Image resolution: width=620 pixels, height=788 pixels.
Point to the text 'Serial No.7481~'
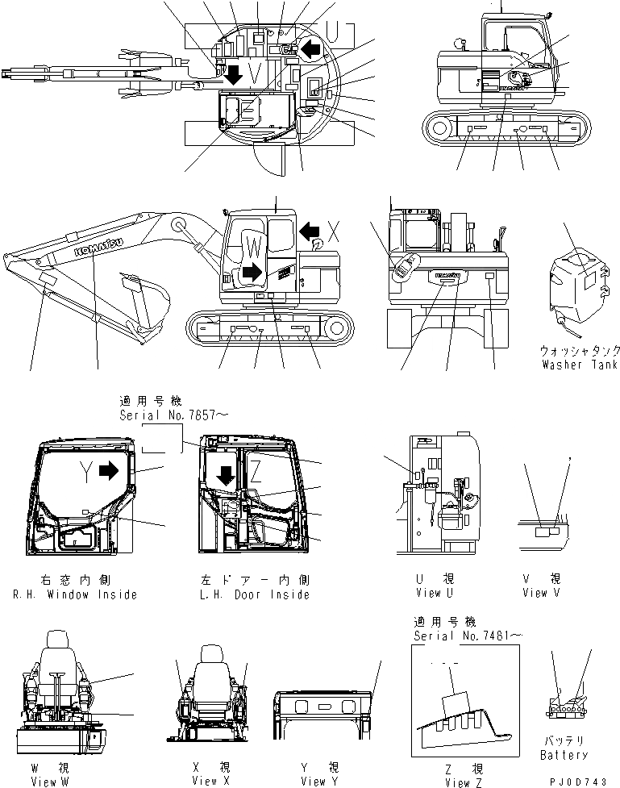pos(467,636)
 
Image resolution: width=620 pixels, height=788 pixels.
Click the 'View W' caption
pos(55,781)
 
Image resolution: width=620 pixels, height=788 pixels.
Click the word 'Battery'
pos(564,755)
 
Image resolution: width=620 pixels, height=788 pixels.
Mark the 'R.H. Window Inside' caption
pos(74,594)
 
